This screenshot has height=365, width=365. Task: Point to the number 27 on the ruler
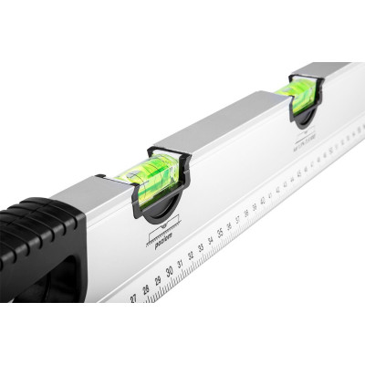134,297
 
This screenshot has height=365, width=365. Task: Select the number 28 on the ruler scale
145,289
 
